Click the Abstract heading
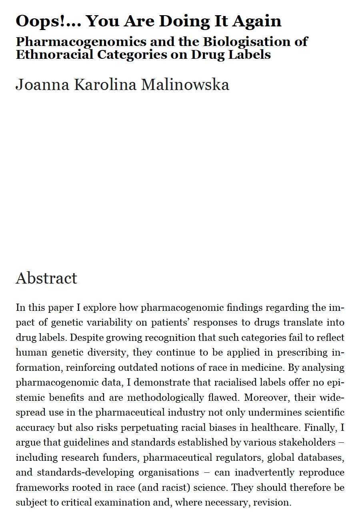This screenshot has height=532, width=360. coord(46,278)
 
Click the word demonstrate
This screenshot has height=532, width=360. coord(163,382)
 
